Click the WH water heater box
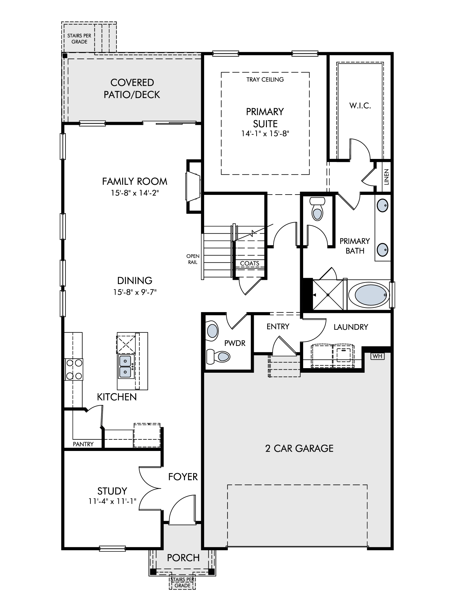click(x=377, y=356)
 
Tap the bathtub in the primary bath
click(x=369, y=295)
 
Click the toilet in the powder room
click(x=219, y=356)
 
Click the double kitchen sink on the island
click(x=126, y=367)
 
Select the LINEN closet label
click(x=386, y=177)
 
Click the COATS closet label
click(x=250, y=263)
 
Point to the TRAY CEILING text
click(x=265, y=79)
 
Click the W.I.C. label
click(x=360, y=106)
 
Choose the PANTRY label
click(x=83, y=444)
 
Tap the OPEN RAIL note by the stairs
click(x=193, y=259)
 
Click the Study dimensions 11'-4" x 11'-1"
click(x=112, y=501)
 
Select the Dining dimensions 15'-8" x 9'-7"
click(x=135, y=292)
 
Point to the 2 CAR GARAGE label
click(x=299, y=448)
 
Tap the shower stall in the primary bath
click(x=328, y=295)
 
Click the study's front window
click(x=112, y=549)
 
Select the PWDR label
click(x=235, y=343)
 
